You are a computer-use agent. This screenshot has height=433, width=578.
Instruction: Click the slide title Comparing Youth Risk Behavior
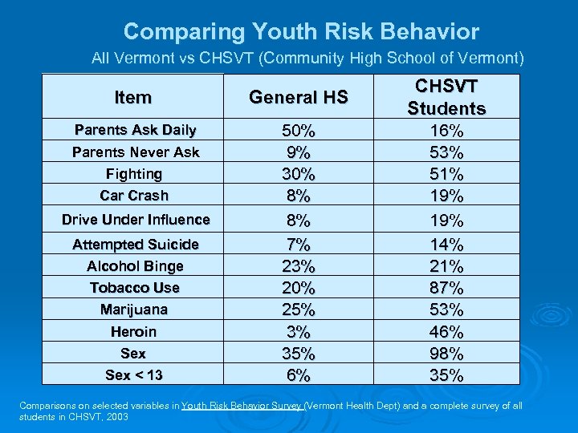301,32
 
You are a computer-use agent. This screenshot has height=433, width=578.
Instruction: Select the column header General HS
298,98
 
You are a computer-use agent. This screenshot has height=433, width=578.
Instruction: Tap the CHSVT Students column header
446,97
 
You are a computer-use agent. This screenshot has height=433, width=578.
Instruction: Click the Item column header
133,98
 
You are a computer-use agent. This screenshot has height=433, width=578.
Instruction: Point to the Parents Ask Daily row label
135,130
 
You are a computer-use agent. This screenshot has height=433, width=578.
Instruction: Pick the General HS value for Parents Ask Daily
298,131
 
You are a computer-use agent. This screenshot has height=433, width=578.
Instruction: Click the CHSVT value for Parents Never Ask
446,152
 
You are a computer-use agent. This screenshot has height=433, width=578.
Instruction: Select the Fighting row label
134,174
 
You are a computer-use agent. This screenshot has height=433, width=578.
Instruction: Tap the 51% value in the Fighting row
446,174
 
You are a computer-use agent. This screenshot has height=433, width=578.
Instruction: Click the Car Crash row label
134,196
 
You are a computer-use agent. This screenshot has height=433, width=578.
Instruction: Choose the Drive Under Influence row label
136,220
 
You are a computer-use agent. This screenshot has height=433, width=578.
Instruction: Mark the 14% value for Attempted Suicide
446,245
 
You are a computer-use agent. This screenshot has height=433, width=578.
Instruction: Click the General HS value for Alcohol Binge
298,266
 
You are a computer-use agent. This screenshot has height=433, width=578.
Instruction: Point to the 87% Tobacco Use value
446,288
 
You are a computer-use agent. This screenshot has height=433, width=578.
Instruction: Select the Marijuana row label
134,310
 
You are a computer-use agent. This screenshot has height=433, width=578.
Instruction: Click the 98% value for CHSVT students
446,354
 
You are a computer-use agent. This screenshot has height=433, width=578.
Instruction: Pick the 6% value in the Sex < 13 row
298,375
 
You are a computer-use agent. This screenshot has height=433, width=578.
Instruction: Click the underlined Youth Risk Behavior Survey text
242,407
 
